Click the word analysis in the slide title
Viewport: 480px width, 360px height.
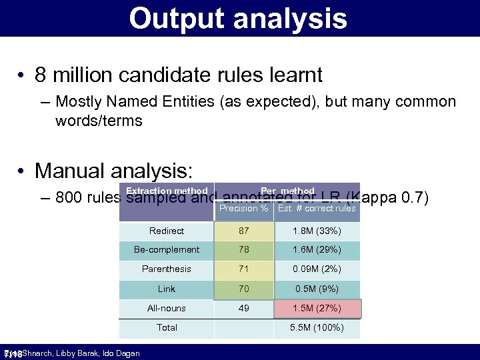pos(292,19)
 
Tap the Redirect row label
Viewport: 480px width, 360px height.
pos(167,231)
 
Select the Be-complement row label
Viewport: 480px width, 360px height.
pos(167,249)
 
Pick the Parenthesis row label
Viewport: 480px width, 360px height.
pos(167,269)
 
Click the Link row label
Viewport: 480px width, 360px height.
pos(167,289)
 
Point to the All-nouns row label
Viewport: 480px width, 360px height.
pos(167,308)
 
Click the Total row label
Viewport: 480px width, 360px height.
pos(167,327)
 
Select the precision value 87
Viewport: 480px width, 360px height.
pos(244,231)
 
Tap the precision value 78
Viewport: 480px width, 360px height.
pos(244,249)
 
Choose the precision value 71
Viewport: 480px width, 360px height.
pos(244,269)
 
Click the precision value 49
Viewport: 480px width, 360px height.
pos(244,308)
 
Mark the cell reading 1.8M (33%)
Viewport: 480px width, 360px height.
pos(317,231)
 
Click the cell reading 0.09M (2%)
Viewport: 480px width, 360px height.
pos(317,269)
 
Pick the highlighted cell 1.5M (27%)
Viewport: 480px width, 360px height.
pos(317,308)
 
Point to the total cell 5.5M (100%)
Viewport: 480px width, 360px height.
pos(317,327)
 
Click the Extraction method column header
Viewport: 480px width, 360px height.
pos(167,191)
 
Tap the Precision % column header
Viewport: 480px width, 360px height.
pos(244,209)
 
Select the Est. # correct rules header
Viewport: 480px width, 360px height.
pos(317,209)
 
